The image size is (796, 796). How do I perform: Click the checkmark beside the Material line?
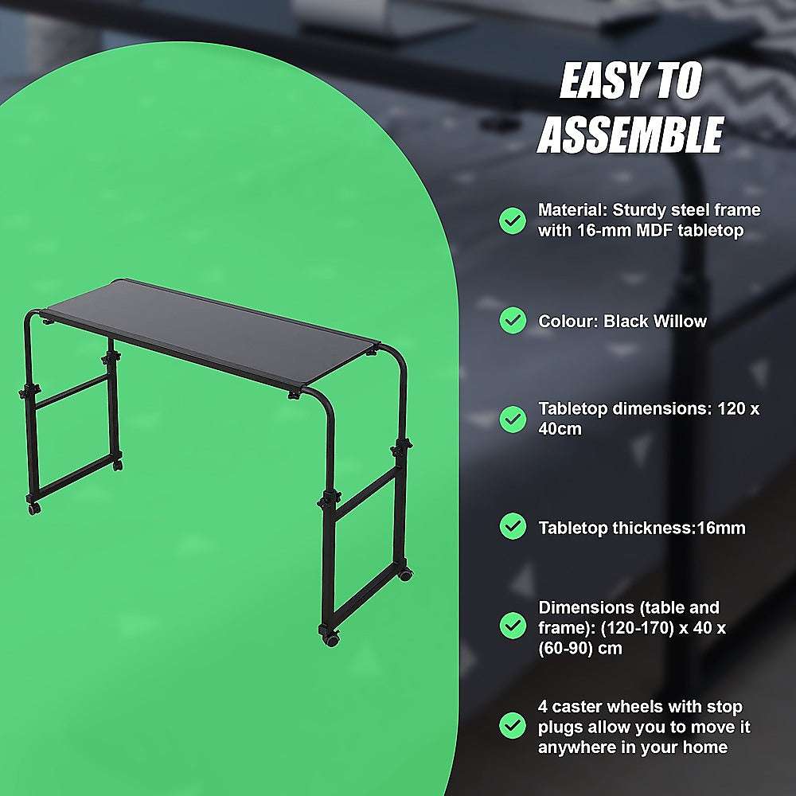[512, 220]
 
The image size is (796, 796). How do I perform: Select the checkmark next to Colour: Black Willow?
[512, 321]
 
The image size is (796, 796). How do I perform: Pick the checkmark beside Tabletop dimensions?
[512, 418]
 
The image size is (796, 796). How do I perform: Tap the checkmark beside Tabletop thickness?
[512, 526]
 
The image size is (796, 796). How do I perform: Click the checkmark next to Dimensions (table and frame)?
[512, 626]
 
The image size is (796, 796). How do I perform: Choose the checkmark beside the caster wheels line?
[512, 725]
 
